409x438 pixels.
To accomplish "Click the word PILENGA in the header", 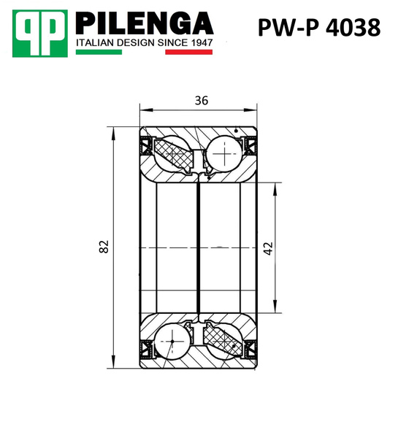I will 145,23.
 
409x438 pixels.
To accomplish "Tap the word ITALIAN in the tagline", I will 96,43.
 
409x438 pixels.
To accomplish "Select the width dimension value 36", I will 200,101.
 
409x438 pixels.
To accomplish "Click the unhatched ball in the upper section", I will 224,155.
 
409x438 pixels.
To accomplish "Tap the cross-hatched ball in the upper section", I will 176,155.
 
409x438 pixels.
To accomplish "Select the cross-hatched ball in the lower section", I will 223,341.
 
